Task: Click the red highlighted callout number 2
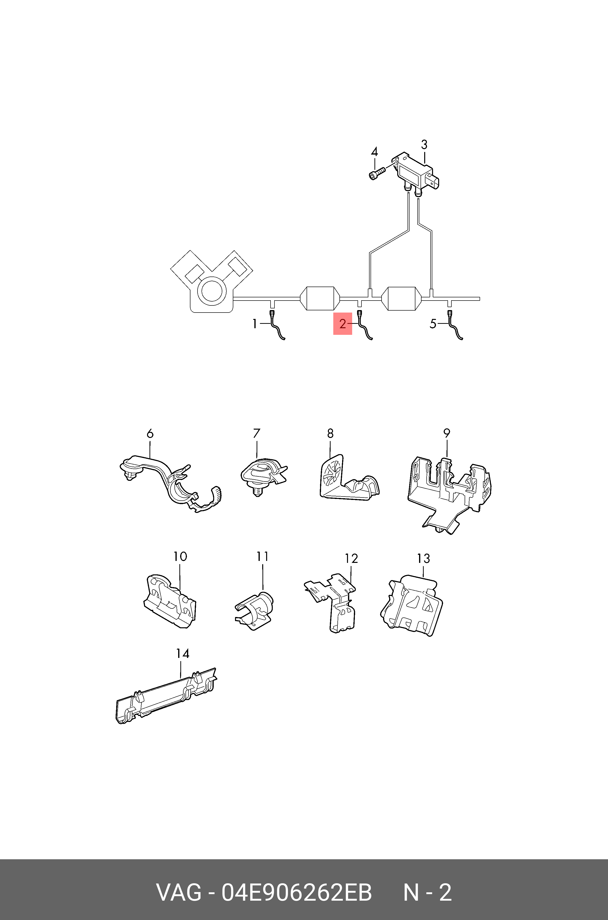(x=342, y=324)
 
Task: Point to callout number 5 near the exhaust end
(x=433, y=324)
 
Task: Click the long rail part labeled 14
(x=167, y=696)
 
